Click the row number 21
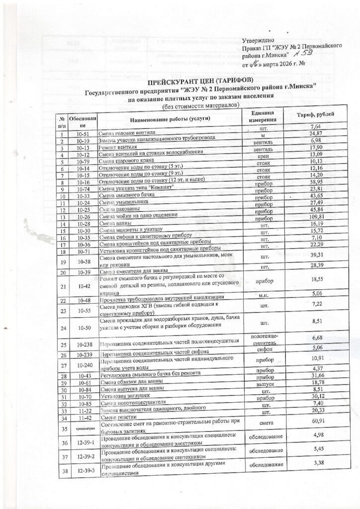64,286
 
